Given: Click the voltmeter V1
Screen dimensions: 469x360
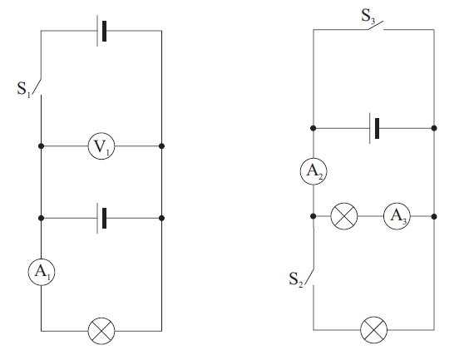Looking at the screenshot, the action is (x=101, y=146).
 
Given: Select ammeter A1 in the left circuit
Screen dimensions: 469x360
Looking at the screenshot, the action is (x=42, y=272).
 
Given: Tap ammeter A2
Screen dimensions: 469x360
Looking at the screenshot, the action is (x=313, y=171).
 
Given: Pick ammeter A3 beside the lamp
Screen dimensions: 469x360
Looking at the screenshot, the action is (x=397, y=216).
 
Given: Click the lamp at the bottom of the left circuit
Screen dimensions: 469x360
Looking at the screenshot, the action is (x=101, y=331).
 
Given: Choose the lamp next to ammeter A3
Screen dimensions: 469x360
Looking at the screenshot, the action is (x=344, y=216).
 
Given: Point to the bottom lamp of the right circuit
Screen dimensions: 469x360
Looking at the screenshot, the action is (x=374, y=330).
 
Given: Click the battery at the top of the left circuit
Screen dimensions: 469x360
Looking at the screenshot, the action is (x=101, y=31).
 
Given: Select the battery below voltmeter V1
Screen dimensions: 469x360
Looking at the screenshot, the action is (x=101, y=219).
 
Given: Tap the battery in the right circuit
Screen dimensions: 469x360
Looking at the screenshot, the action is (x=374, y=128).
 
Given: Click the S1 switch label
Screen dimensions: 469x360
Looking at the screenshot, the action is (x=23, y=89).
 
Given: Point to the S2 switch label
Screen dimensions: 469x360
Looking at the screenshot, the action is (x=296, y=279).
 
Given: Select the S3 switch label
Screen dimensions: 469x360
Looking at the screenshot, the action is (x=368, y=16).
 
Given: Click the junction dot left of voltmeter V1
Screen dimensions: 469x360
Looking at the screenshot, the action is (x=42, y=146).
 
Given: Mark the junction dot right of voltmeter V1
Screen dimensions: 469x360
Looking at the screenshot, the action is (x=161, y=146).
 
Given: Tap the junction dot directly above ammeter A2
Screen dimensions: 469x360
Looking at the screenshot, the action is (x=313, y=128).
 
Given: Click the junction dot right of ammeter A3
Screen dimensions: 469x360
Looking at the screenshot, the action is (x=434, y=216).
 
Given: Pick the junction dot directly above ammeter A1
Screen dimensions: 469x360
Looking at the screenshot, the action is (x=42, y=219).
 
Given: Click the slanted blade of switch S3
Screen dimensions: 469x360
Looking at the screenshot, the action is (x=375, y=26).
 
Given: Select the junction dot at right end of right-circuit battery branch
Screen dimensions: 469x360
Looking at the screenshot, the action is (x=434, y=128).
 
